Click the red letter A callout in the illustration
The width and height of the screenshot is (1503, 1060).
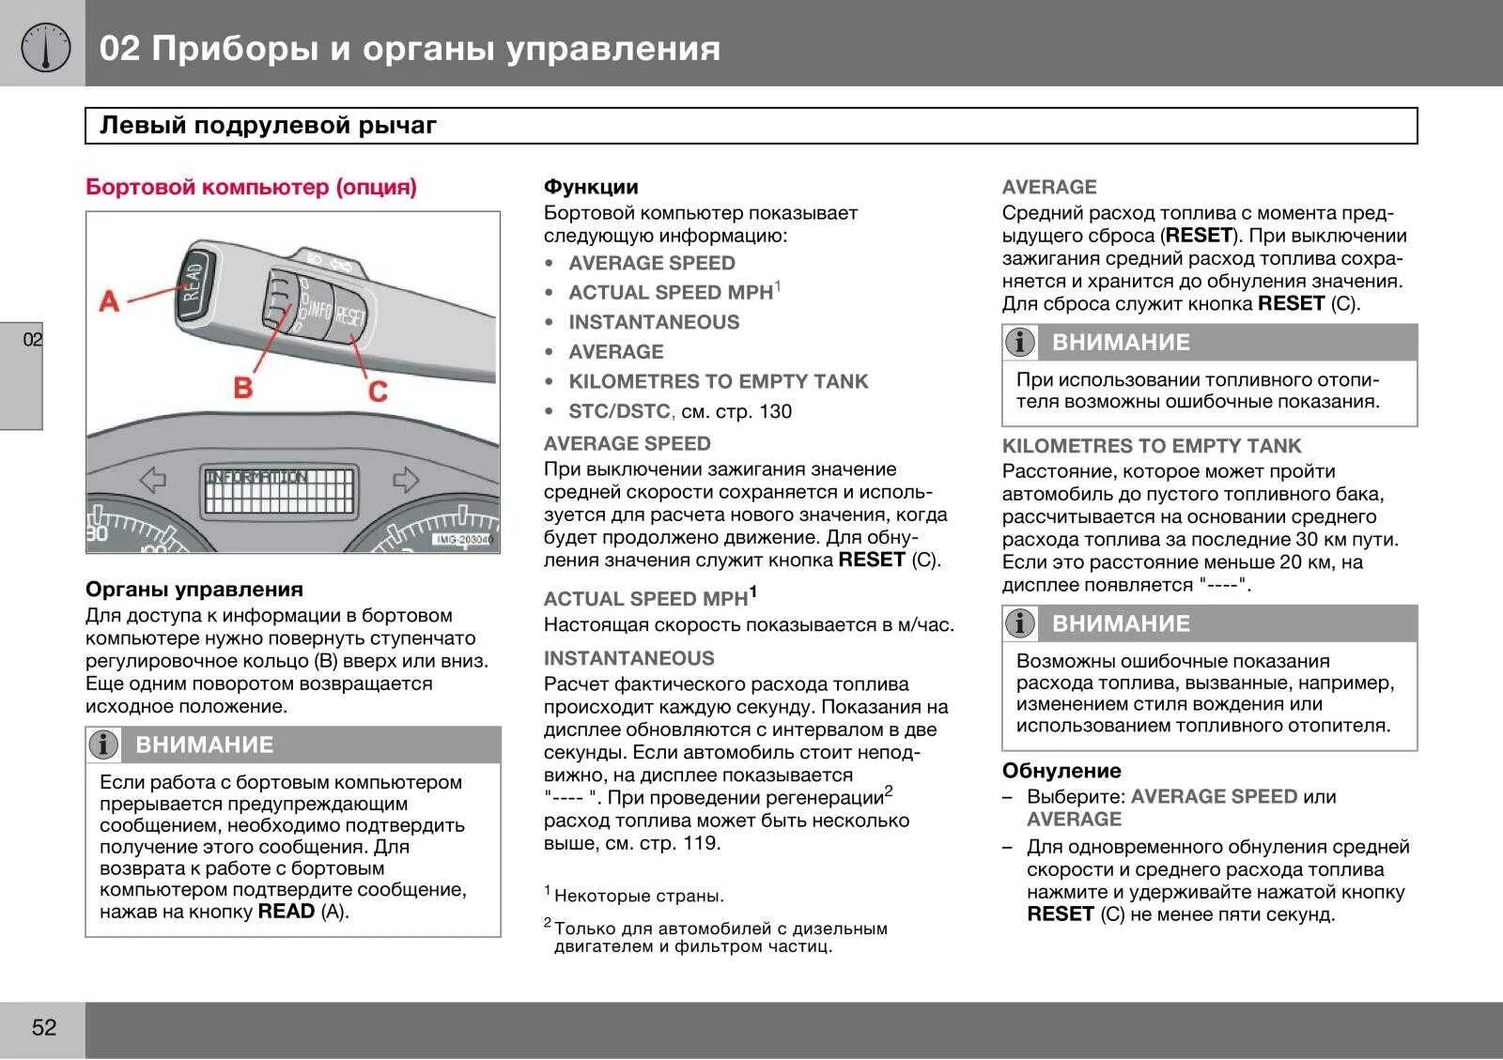point(109,301)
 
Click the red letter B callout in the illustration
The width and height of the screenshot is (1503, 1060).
point(242,386)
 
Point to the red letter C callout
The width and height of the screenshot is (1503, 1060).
point(378,391)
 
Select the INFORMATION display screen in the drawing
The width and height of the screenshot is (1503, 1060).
point(279,490)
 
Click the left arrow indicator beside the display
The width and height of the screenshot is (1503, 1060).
point(152,481)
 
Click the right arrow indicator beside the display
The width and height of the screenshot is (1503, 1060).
point(405,481)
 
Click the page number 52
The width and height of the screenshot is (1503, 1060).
point(44,1027)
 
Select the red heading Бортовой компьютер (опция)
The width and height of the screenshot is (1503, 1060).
point(251,187)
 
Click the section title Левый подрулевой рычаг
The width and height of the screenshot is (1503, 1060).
point(269,126)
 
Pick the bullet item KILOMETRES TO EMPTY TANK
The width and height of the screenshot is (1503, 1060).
point(718,381)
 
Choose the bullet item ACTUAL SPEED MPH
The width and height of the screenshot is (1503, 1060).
point(670,293)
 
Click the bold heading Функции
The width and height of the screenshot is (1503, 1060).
point(591,187)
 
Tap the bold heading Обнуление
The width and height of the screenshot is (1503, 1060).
point(1061,771)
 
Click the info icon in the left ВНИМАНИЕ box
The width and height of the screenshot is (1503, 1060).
point(103,745)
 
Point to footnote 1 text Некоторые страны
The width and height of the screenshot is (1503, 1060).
point(639,896)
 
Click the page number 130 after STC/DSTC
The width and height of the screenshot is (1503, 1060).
point(775,411)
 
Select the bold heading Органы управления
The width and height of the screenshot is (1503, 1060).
point(194,590)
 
